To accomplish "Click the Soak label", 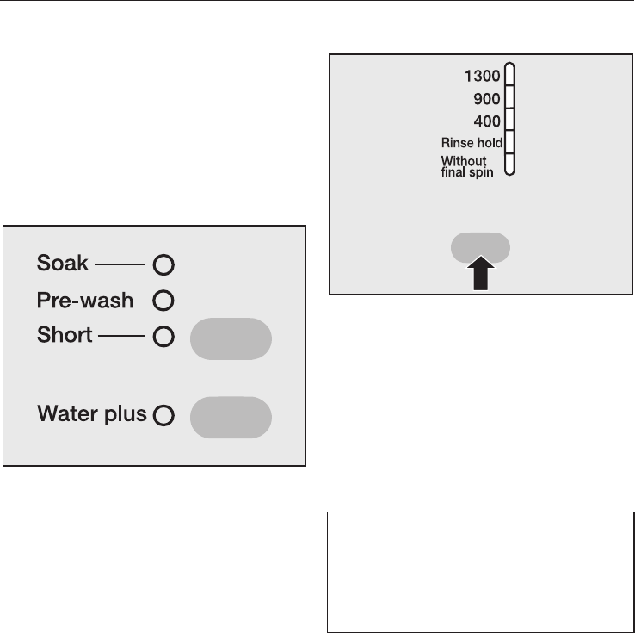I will pos(63,264).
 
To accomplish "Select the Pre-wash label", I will pos(85,301).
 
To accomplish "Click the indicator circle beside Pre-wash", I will pos(163,301).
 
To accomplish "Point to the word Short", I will pos(65,335).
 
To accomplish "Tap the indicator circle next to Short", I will pos(163,337).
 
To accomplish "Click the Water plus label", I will pos(92,414).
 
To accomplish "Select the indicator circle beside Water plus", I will pos(163,416).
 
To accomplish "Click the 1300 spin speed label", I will pos(482,76).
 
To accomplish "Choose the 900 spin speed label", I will pos(487,99).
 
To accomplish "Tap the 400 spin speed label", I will pos(487,121).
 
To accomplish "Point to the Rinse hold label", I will pos(472,143).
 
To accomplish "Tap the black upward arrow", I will pos(480,276).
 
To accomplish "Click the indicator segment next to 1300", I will pos(509,75).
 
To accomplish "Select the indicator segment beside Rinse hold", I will pos(509,142).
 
